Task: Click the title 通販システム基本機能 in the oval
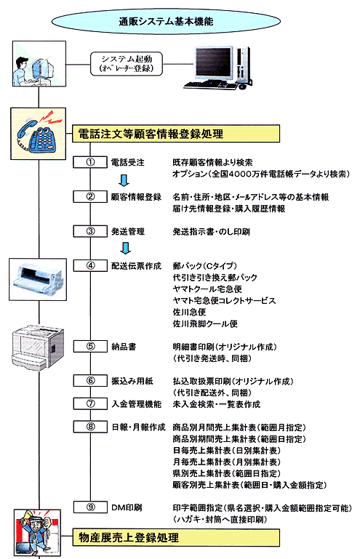point(166,22)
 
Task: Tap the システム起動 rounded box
point(127,64)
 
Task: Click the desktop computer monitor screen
point(213,63)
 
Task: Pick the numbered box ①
point(90,162)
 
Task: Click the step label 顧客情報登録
point(136,197)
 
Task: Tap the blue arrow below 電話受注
point(124,180)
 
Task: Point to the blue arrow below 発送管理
point(125,248)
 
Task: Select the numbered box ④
point(90,265)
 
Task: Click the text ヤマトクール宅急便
point(207,289)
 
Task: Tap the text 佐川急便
point(189,312)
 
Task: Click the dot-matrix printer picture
point(38,279)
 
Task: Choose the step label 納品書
point(124,347)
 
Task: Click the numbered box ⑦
point(90,403)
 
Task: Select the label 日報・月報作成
point(138,427)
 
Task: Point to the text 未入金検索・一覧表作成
point(217,404)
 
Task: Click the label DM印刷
point(127,507)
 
